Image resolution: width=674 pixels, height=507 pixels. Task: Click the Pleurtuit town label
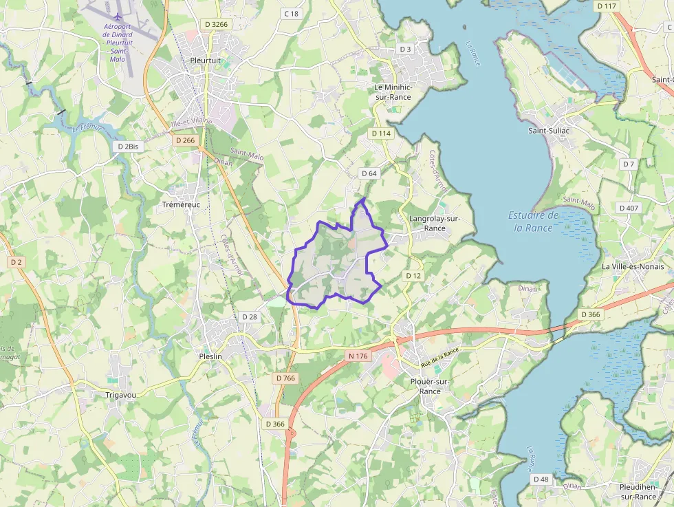205,60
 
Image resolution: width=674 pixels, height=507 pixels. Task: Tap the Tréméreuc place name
180,205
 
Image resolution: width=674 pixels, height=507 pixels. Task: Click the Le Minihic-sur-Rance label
393,92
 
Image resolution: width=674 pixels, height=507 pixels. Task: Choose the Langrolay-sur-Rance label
434,224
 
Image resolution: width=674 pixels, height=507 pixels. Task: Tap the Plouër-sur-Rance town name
429,386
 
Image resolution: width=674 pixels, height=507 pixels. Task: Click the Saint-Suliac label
552,130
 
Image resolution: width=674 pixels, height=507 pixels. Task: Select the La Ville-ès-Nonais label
633,266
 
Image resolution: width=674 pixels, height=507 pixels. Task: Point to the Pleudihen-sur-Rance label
637,491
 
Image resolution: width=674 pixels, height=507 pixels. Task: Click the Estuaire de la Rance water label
534,221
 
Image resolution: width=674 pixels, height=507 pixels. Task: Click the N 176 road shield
358,356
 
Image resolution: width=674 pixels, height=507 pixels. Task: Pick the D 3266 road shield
216,25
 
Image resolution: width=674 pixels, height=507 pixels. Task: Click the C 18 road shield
291,14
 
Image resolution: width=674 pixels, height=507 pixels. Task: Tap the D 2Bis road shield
128,147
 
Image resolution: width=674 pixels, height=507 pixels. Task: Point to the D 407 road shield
629,208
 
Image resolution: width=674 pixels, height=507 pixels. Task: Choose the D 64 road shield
369,173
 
